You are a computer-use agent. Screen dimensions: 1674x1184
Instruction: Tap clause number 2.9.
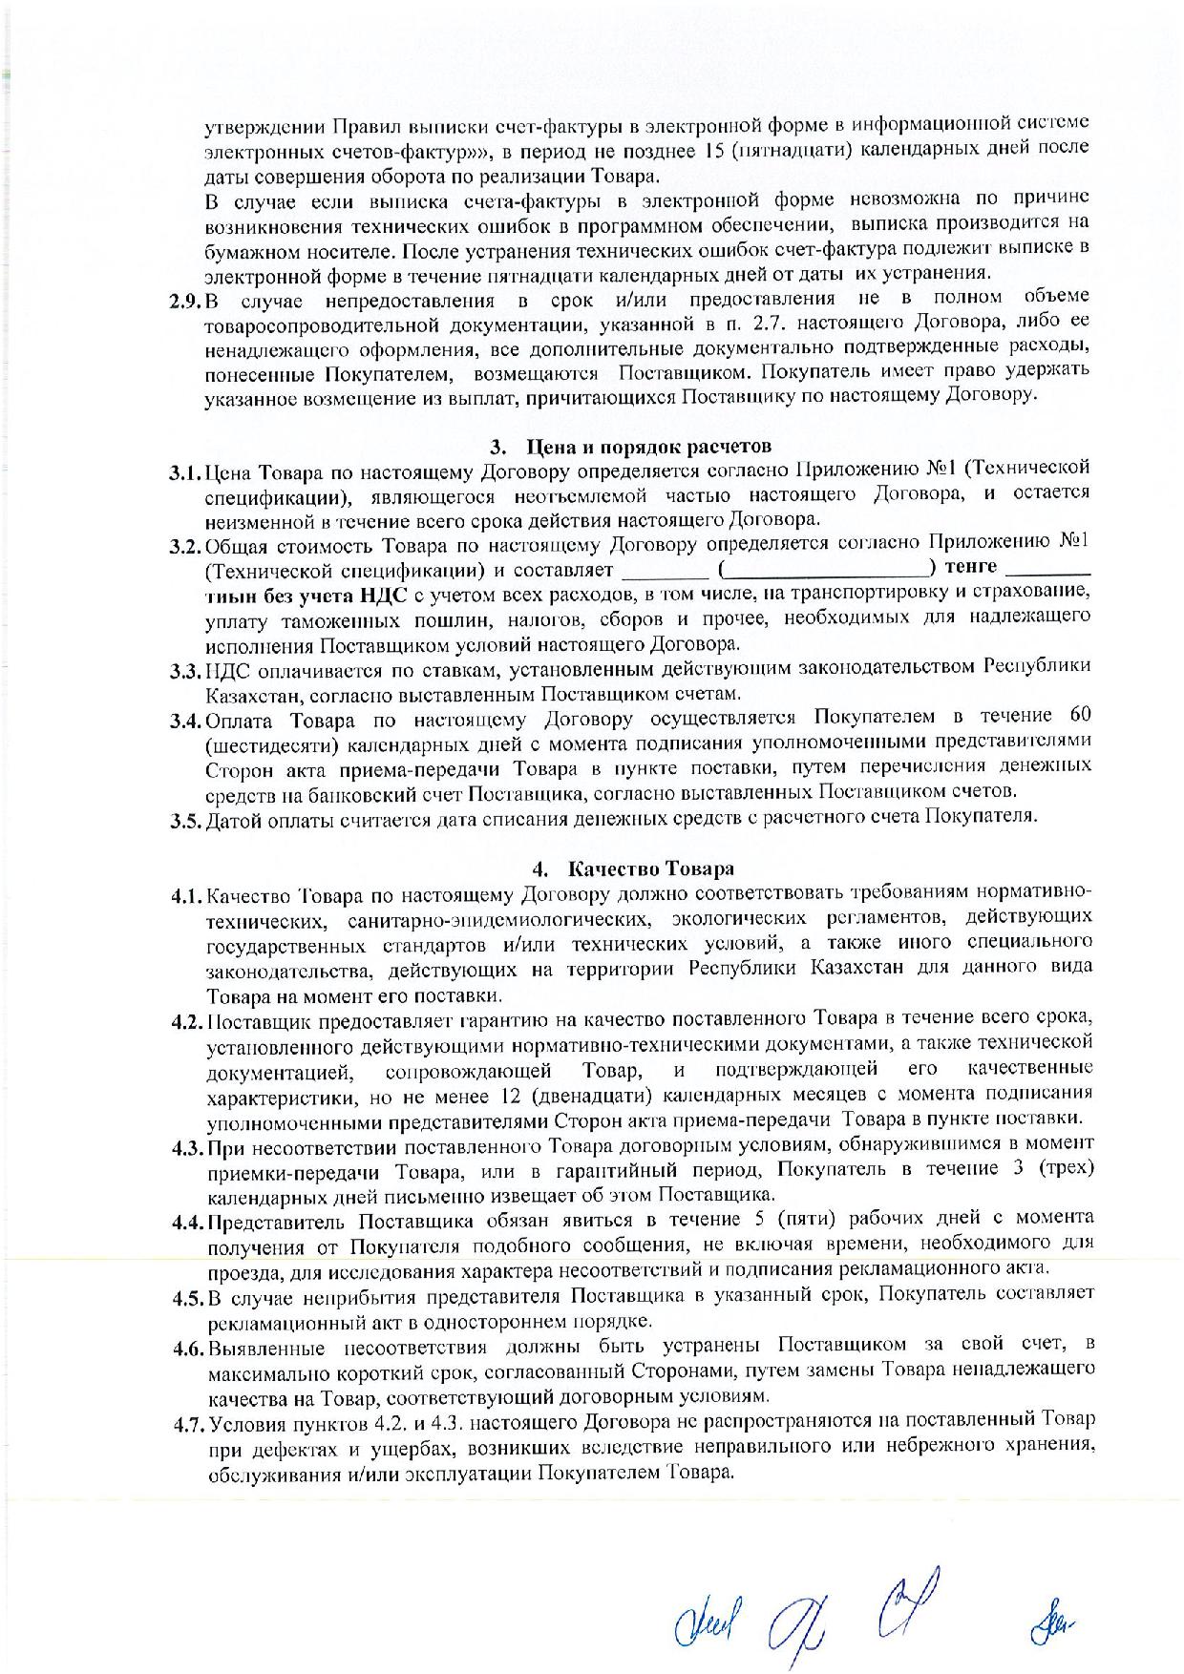click(x=185, y=303)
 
